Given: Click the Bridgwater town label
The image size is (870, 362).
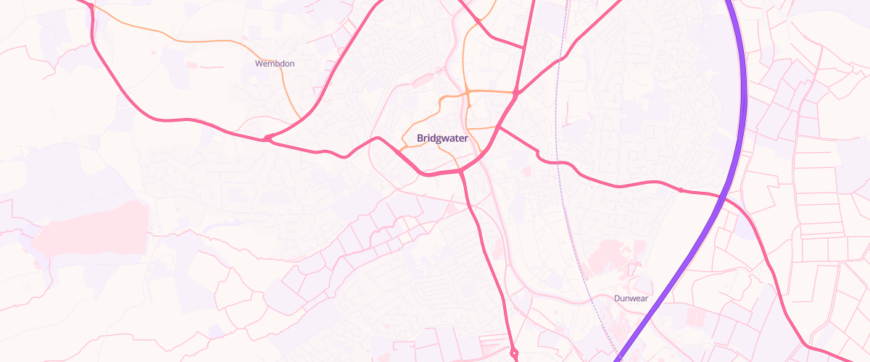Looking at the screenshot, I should point(442,138).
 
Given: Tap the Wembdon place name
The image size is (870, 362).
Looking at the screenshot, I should point(275,64).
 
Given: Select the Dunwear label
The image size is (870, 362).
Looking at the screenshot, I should point(630,298).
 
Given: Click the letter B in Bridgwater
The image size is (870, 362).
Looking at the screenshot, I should point(420,138).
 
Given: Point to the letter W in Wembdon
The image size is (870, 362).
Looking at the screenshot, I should point(258,64).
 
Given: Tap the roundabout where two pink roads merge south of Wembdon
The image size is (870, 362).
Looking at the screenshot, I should point(268,138).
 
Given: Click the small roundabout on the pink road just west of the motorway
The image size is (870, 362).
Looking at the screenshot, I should point(681,190).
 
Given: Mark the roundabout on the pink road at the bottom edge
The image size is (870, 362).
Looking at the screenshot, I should point(513,353).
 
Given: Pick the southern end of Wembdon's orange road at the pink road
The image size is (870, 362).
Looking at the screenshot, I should point(300,119).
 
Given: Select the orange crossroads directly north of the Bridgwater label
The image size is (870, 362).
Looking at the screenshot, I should point(468,93).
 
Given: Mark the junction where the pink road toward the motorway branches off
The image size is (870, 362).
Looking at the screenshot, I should point(499,128).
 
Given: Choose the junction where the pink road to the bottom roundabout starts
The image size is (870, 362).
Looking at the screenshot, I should point(462,172).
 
